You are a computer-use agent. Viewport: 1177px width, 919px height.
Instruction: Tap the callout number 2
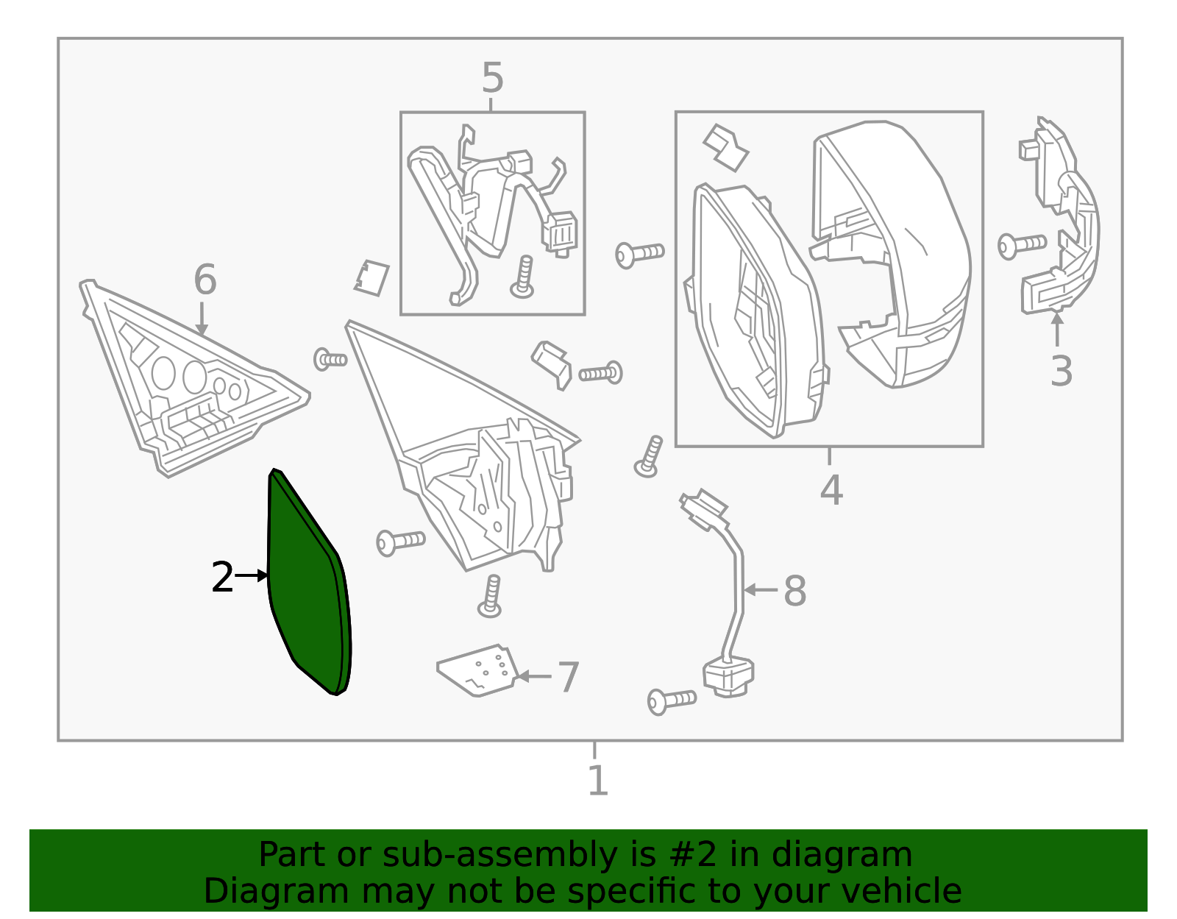221,578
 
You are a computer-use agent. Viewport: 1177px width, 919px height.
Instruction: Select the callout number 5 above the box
492,79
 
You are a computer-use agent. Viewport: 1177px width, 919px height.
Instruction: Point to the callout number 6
205,280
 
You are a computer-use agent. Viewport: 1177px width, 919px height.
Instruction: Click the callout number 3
1061,372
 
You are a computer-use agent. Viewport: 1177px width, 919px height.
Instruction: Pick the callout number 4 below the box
831,490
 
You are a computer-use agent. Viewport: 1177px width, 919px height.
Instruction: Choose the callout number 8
794,591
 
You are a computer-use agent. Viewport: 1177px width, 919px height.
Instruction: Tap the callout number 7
568,677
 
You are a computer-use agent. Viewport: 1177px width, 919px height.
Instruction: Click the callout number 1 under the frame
597,781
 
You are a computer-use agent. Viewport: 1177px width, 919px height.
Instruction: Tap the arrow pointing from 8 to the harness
761,590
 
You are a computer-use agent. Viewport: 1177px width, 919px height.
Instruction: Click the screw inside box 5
523,277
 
